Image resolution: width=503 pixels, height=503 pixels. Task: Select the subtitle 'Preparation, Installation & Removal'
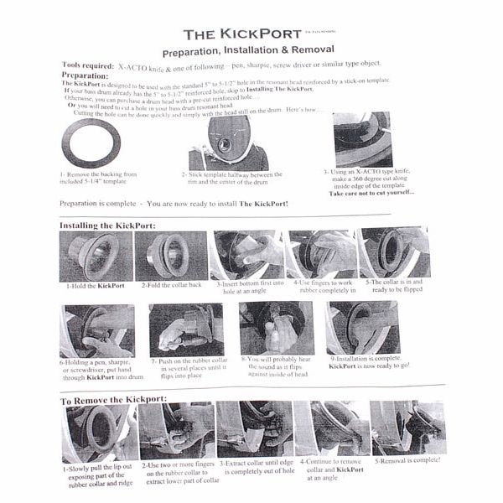251,51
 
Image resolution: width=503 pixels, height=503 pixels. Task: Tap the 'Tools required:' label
89,65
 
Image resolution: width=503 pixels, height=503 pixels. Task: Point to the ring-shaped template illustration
93,142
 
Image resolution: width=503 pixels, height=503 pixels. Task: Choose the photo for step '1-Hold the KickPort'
95,257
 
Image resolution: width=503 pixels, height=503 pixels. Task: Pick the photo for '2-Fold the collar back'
172,256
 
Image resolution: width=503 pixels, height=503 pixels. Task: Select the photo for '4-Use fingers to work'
320,255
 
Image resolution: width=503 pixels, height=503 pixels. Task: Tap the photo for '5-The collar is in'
393,253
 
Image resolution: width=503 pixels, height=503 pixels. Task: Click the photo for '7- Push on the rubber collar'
185,329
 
